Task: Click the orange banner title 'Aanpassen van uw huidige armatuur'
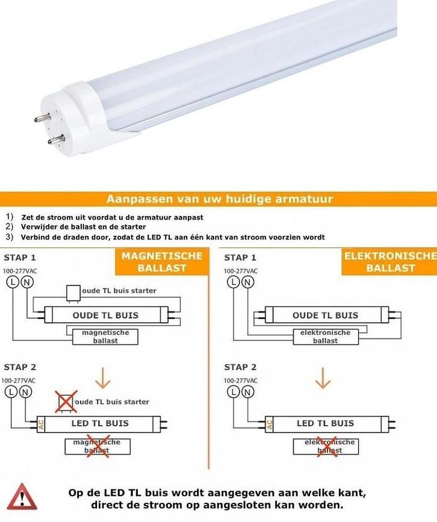click(219, 199)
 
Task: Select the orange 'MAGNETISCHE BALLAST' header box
click(162, 261)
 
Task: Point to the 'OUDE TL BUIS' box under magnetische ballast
click(105, 315)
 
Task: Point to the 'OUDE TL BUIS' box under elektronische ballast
click(325, 315)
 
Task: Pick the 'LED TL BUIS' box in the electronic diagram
click(325, 423)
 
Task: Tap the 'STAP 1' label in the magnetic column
click(20, 258)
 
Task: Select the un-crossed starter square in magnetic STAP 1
click(73, 292)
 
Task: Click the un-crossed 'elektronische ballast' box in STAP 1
click(325, 337)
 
